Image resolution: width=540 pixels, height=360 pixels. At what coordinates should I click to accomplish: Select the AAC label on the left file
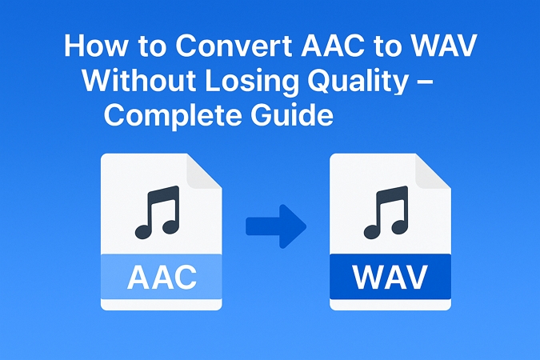click(x=161, y=277)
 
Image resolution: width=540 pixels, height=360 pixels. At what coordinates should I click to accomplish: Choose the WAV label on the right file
click(x=390, y=277)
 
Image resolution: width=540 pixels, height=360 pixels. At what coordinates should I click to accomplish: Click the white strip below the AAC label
click(x=161, y=304)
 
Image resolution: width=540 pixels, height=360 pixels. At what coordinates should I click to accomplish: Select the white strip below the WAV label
click(x=390, y=304)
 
